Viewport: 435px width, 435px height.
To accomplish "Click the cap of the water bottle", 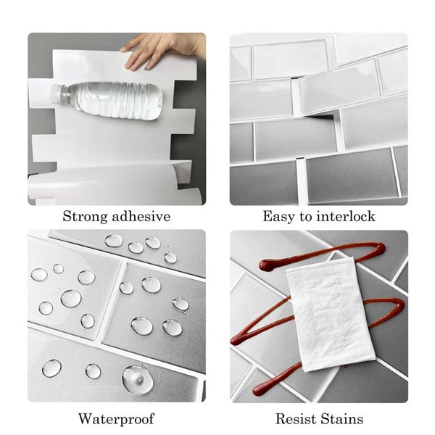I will tap(56, 93).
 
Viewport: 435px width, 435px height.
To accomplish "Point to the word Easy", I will tap(279, 217).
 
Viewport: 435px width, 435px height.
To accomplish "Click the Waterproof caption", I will tap(116, 419).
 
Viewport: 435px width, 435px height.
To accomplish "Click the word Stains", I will tap(342, 419).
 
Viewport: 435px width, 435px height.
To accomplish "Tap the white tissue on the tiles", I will tap(330, 312).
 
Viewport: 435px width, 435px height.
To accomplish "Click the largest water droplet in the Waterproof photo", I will tap(137, 378).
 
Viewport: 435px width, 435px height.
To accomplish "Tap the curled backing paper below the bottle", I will tap(109, 185).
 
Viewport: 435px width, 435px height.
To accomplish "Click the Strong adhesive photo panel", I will tap(116, 119).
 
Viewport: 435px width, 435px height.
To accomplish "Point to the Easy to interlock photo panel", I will tap(318, 119).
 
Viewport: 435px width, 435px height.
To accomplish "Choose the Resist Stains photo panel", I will tap(318, 316).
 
